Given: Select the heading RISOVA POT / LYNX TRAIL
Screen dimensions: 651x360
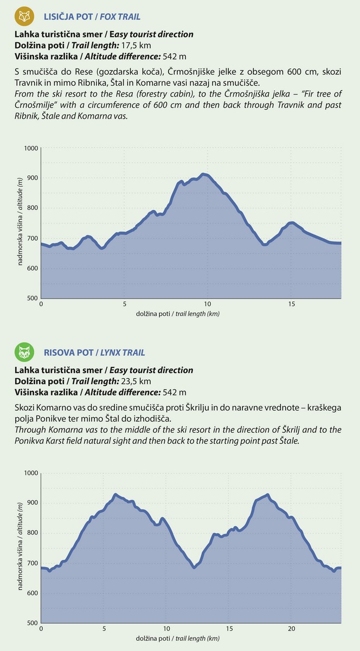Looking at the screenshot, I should [x=94, y=353].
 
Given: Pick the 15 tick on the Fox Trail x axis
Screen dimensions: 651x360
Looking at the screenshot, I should [x=291, y=304].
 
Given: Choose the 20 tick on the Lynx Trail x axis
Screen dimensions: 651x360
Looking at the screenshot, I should [x=291, y=629].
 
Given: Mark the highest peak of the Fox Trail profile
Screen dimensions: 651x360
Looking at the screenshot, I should [x=204, y=174].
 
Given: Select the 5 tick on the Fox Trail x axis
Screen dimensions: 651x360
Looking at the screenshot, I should [x=125, y=304].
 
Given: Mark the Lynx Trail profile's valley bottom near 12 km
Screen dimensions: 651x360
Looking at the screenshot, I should [x=194, y=567].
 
